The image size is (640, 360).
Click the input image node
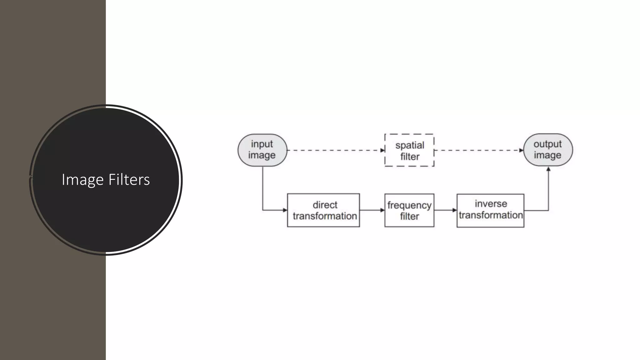coord(262,150)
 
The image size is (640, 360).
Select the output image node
coord(548,150)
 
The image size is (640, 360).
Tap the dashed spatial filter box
coord(409,150)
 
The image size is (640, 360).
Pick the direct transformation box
coord(323,210)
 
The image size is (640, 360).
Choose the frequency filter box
coord(409,210)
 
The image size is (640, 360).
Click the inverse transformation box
coord(490,210)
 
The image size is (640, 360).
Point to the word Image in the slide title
coord(82,180)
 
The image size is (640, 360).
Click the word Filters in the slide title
coord(129,180)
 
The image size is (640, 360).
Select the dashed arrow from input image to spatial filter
coord(336,150)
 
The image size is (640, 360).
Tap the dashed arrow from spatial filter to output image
coord(478,150)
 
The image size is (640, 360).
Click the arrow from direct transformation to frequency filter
coord(372,210)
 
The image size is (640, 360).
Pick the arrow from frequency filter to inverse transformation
coord(445,210)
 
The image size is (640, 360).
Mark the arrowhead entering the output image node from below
coord(548,169)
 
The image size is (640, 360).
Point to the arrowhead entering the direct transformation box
coord(285,210)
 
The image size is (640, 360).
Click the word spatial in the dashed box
coord(410,145)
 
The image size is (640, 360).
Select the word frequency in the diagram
coord(409,205)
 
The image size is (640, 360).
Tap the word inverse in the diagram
coord(491,204)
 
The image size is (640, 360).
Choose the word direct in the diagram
coord(325,205)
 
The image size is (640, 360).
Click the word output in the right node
coord(547,144)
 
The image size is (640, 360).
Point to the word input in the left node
coord(262,144)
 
